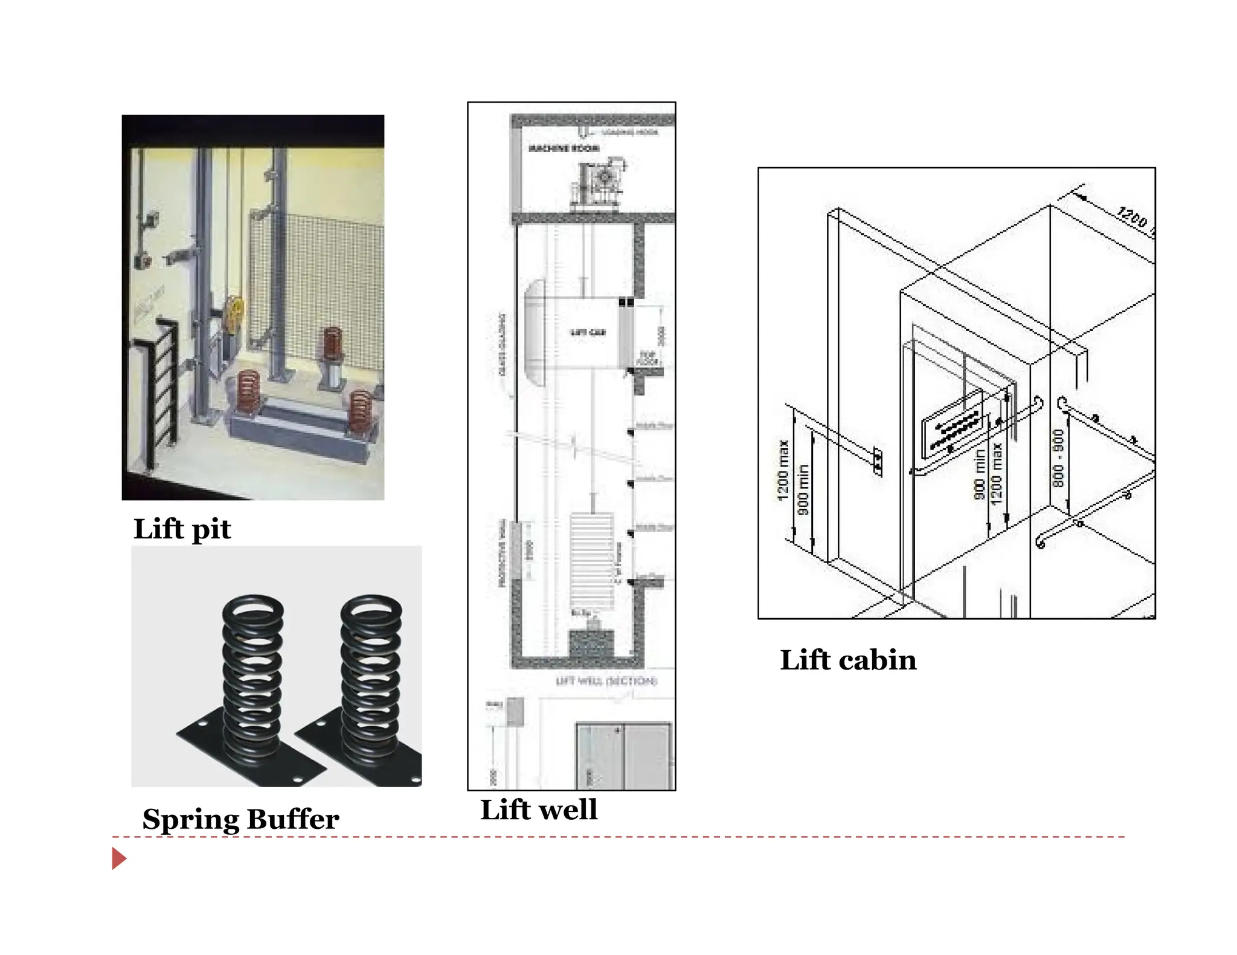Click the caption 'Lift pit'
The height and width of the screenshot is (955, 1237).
pyautogui.click(x=182, y=529)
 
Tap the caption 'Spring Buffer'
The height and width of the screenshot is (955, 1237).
pyautogui.click(x=240, y=819)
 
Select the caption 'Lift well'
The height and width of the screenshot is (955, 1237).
pyautogui.click(x=538, y=810)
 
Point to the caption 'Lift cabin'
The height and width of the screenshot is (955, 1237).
pyautogui.click(x=848, y=660)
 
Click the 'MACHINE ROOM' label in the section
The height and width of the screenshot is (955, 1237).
pyautogui.click(x=564, y=149)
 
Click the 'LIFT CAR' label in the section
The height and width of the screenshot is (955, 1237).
pyautogui.click(x=587, y=333)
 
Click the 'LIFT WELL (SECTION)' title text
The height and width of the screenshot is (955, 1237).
pyautogui.click(x=606, y=681)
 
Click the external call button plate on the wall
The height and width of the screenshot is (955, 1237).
pyautogui.click(x=878, y=462)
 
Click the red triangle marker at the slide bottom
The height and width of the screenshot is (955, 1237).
pyautogui.click(x=119, y=858)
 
